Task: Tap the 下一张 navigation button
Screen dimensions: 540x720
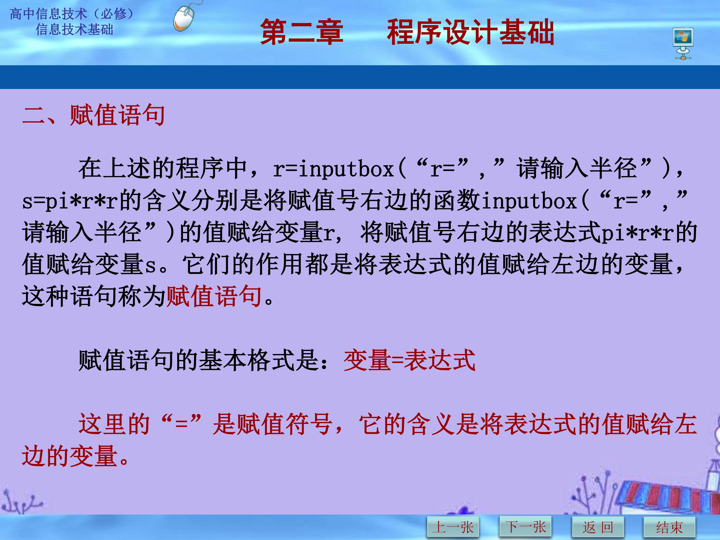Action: (x=525, y=526)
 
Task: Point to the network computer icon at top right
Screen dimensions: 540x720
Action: (x=683, y=43)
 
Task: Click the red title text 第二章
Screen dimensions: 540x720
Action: (x=301, y=32)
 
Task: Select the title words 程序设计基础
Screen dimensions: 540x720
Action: (x=470, y=32)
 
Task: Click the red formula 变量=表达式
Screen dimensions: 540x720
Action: (x=409, y=360)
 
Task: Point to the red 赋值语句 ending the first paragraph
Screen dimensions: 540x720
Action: (x=214, y=296)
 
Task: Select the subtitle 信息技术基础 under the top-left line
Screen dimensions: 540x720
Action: (x=74, y=29)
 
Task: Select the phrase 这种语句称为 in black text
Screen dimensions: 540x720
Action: (x=94, y=296)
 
